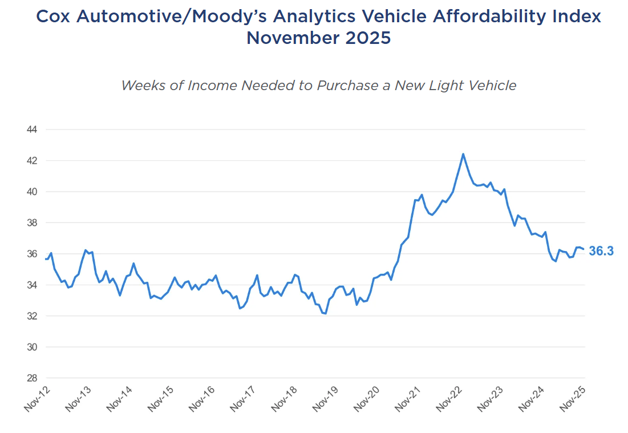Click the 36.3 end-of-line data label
601,251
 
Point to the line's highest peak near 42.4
463,154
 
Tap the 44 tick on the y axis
32,130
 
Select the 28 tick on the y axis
32,378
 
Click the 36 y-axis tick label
32,254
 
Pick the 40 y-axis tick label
32,192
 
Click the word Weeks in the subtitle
140,86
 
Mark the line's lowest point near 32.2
325,313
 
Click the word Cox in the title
54,17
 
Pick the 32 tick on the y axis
32,316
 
